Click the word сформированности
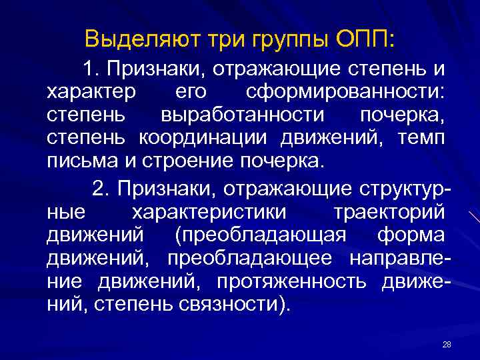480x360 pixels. (346, 93)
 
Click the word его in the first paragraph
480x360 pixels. (193, 93)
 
